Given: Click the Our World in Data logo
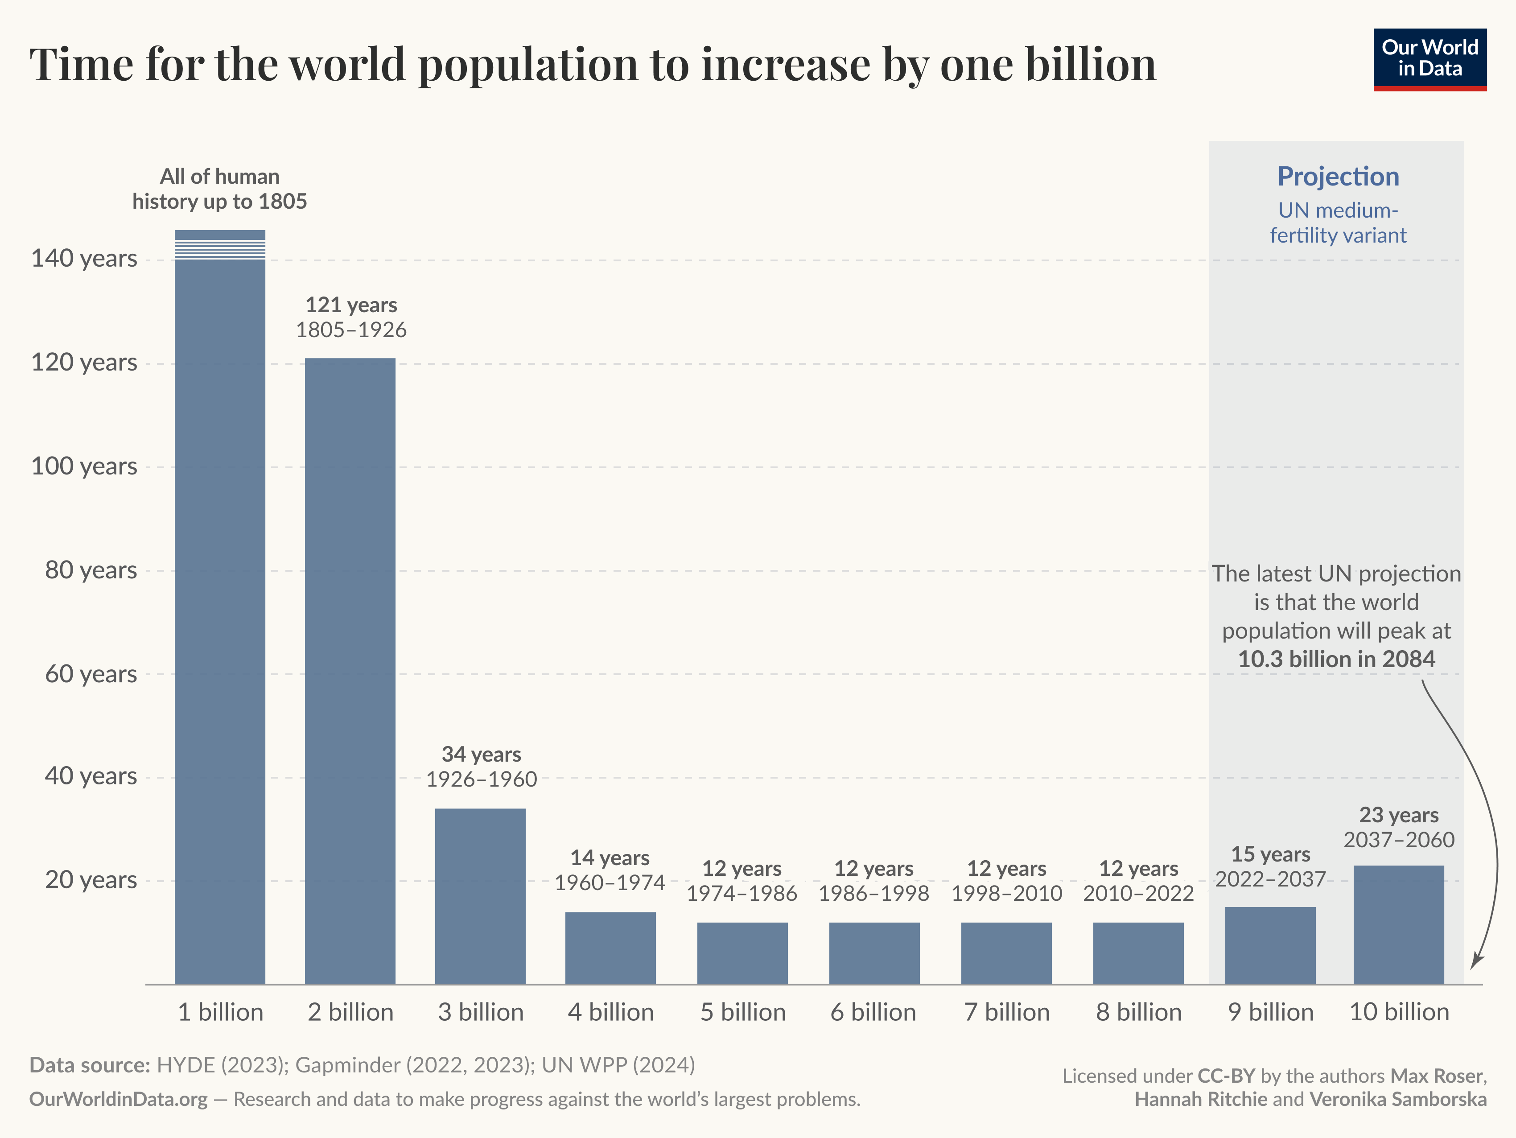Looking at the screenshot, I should (x=1429, y=59).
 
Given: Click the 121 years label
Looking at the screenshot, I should (x=351, y=305).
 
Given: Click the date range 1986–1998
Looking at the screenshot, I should (x=874, y=893).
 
